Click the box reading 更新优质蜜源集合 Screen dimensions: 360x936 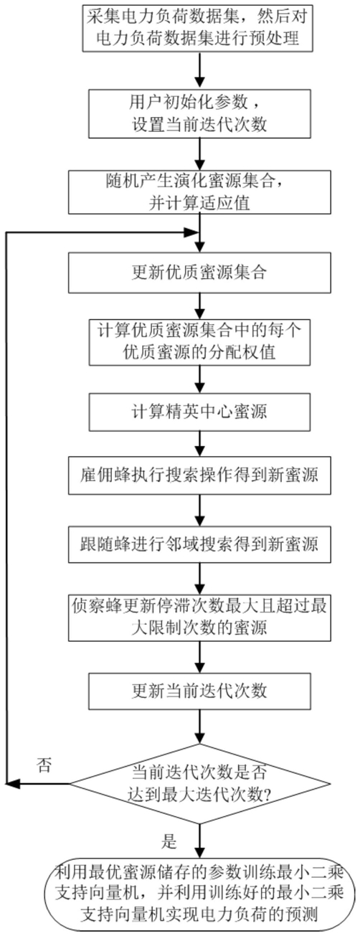199,273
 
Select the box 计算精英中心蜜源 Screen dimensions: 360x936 199,412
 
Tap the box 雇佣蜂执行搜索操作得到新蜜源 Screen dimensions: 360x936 199,476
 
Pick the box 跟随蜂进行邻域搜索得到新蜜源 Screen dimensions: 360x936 199,544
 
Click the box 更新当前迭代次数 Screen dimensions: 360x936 199,691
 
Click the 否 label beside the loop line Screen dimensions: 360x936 45,765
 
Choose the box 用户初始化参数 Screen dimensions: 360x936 199,113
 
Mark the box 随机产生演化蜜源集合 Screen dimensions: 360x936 199,192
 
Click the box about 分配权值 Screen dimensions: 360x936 199,342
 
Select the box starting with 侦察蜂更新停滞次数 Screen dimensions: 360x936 199,617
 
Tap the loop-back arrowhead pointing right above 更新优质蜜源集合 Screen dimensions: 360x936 192,233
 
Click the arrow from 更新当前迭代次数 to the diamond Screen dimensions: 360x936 200,727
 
